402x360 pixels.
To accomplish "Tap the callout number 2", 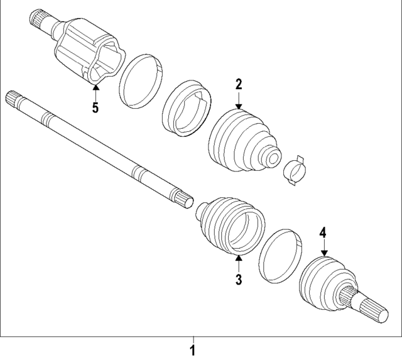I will click(239, 84).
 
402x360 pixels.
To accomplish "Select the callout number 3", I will click(239, 280).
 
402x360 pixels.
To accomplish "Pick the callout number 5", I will click(95, 107).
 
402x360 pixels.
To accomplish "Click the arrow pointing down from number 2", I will click(239, 101).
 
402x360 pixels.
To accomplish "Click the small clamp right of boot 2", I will click(294, 170).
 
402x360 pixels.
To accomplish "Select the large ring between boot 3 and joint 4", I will click(280, 257).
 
